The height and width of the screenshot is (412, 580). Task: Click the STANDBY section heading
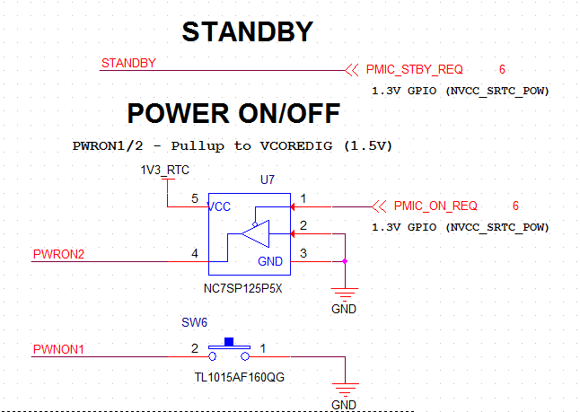pos(247,32)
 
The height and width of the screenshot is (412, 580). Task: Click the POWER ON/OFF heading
pos(233,113)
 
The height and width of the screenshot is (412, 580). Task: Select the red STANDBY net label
pos(129,64)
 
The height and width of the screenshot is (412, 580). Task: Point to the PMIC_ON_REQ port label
pos(435,206)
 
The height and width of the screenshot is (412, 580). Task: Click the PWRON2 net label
pos(58,255)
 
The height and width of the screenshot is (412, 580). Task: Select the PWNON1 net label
pos(58,349)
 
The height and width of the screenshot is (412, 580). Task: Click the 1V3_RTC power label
pos(164,170)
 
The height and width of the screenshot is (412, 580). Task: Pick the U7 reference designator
pos(268,180)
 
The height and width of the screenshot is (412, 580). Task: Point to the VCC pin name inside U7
pos(220,206)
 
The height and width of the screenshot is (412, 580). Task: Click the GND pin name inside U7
pos(269,261)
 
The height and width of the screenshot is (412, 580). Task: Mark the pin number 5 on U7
pos(194,198)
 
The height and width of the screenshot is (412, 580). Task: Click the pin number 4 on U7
pos(194,254)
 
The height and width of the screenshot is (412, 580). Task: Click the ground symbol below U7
pos(344,293)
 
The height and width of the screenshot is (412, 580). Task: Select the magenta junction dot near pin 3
pos(345,262)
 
